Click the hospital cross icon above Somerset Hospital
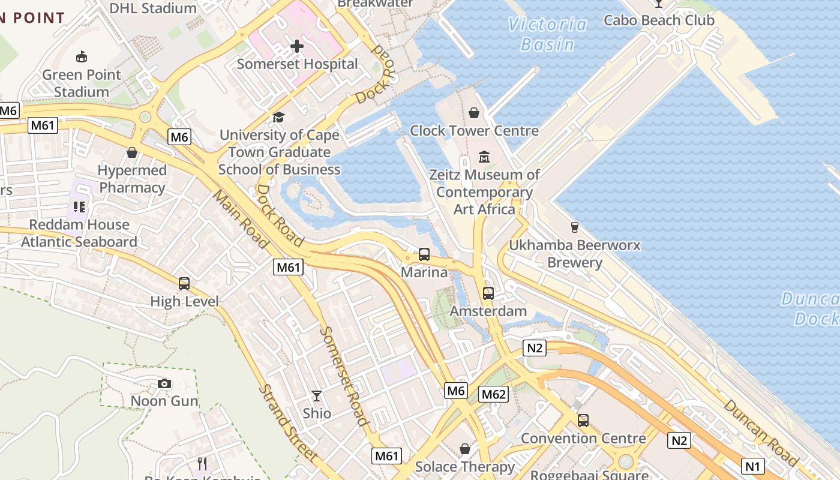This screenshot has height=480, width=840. point(296,46)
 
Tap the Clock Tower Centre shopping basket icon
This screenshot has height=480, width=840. point(474,113)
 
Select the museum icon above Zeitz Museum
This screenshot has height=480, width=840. point(484,157)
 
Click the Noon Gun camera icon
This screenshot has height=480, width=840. point(164,383)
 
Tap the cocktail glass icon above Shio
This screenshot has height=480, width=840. point(316,396)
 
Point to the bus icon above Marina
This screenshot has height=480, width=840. point(424,254)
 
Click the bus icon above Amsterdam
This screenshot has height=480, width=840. point(488,293)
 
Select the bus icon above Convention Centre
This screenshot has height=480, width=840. point(583,421)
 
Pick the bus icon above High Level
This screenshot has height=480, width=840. point(184,284)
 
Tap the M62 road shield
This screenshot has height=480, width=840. point(494,394)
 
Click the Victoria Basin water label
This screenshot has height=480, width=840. point(547,34)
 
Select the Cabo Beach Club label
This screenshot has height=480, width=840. point(659,20)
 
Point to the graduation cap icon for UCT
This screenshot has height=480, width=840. point(278,117)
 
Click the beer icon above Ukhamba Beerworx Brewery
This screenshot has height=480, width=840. point(574,227)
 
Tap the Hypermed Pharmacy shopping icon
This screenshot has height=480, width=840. point(132,152)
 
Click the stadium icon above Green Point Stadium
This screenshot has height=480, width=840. point(82,57)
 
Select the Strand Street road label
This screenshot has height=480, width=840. point(289,423)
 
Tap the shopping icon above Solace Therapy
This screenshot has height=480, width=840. point(465,449)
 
